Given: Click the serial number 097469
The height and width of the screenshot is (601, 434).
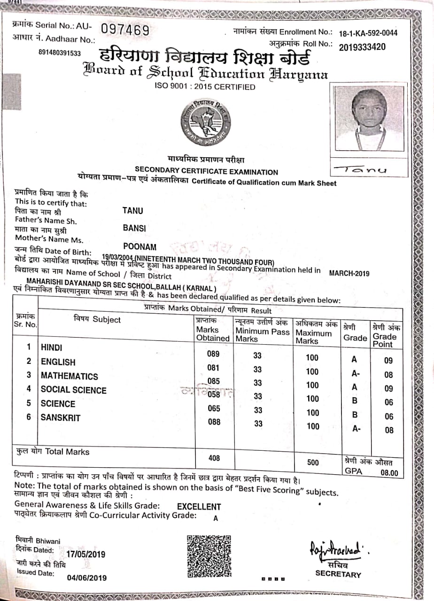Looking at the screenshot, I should (x=125, y=31).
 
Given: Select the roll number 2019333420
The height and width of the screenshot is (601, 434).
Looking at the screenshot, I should (x=362, y=46).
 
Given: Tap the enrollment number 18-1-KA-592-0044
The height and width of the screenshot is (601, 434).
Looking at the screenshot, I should (x=368, y=33).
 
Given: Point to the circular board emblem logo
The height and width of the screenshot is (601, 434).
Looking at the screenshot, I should (x=206, y=123).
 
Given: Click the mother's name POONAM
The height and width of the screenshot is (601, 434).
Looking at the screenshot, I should (x=140, y=247).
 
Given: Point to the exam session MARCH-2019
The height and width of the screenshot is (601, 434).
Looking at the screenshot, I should (x=349, y=274).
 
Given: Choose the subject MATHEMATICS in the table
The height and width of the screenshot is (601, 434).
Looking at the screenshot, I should (x=70, y=376).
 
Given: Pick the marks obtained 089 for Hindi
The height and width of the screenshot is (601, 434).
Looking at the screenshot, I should (x=213, y=354).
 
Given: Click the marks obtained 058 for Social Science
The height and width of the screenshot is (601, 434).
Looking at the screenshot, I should (x=214, y=395).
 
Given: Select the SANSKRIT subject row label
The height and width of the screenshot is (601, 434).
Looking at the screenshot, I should (x=61, y=417).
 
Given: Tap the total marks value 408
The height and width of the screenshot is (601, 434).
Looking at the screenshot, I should (x=214, y=458).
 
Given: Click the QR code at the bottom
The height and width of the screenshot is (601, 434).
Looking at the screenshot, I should (x=209, y=556).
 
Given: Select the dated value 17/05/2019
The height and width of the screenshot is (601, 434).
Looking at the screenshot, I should (x=86, y=554).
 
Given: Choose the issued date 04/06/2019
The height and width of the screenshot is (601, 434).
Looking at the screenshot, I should (x=87, y=578).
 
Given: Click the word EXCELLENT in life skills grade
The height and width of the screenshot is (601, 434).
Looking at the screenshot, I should (x=199, y=507).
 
